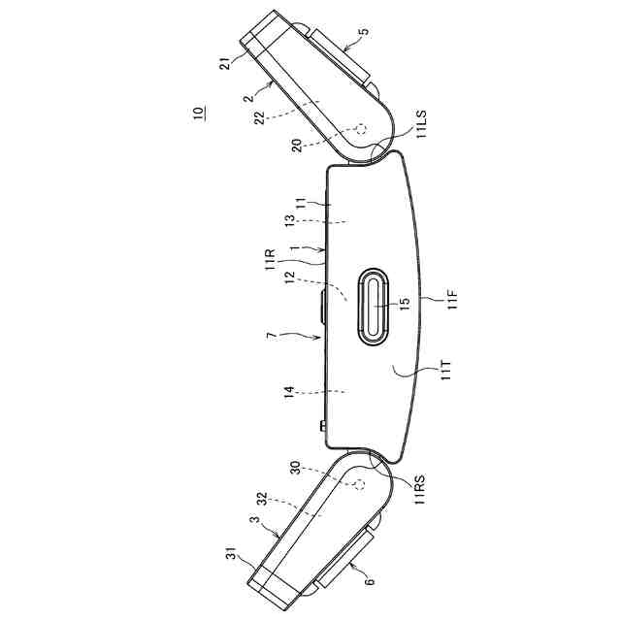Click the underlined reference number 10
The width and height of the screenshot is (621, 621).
tap(198, 113)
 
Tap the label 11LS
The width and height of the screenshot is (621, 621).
tap(422, 123)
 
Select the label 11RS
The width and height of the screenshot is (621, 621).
tap(420, 489)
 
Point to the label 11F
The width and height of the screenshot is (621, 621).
tap(452, 299)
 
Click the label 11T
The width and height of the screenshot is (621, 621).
tap(445, 371)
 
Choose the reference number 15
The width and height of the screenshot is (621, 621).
tap(405, 304)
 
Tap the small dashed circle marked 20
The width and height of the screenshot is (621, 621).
tap(361, 129)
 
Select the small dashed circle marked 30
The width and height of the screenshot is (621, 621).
tap(359, 484)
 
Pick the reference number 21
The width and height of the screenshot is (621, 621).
tap(224, 63)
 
